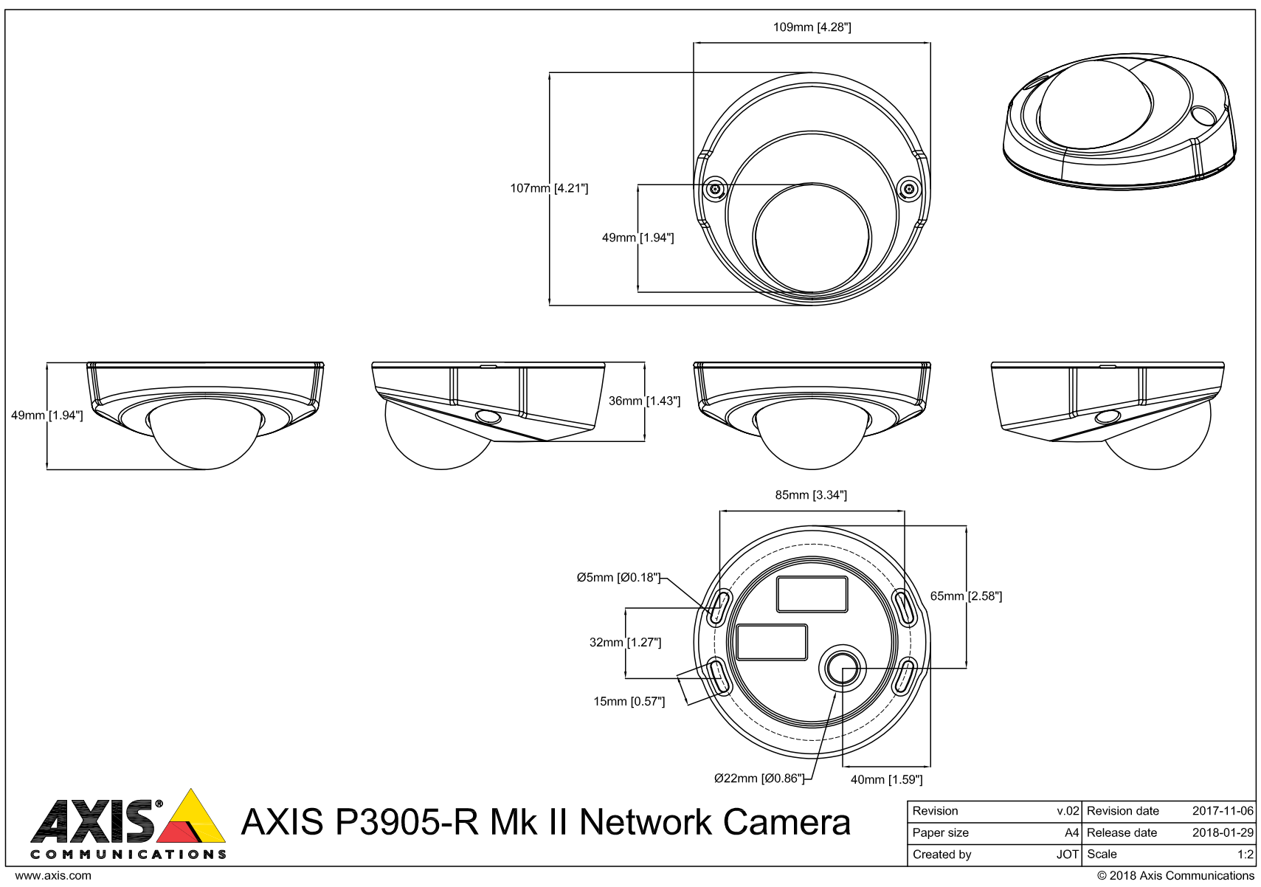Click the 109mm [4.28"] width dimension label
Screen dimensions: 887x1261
pyautogui.click(x=812, y=27)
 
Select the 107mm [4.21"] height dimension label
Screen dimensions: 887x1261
pyautogui.click(x=549, y=188)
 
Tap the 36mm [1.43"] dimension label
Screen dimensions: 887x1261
pyautogui.click(x=644, y=401)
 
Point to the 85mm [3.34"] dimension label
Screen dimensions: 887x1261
pyautogui.click(x=810, y=495)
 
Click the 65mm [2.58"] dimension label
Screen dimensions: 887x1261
pyautogui.click(x=965, y=596)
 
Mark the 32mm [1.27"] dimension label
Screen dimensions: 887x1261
pyautogui.click(x=624, y=642)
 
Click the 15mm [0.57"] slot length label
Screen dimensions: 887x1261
pyautogui.click(x=629, y=701)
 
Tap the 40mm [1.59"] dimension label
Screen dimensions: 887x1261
pyautogui.click(x=886, y=779)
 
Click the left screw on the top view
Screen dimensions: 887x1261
pyautogui.click(x=714, y=190)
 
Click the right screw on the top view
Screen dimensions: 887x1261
pyautogui.click(x=909, y=190)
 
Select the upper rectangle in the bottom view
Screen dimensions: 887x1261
pyautogui.click(x=812, y=594)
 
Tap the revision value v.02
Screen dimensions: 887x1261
pyautogui.click(x=1068, y=810)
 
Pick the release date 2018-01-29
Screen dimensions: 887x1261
pyautogui.click(x=1222, y=832)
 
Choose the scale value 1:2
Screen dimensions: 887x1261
pyautogui.click(x=1245, y=854)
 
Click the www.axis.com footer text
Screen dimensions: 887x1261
pyautogui.click(x=53, y=875)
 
